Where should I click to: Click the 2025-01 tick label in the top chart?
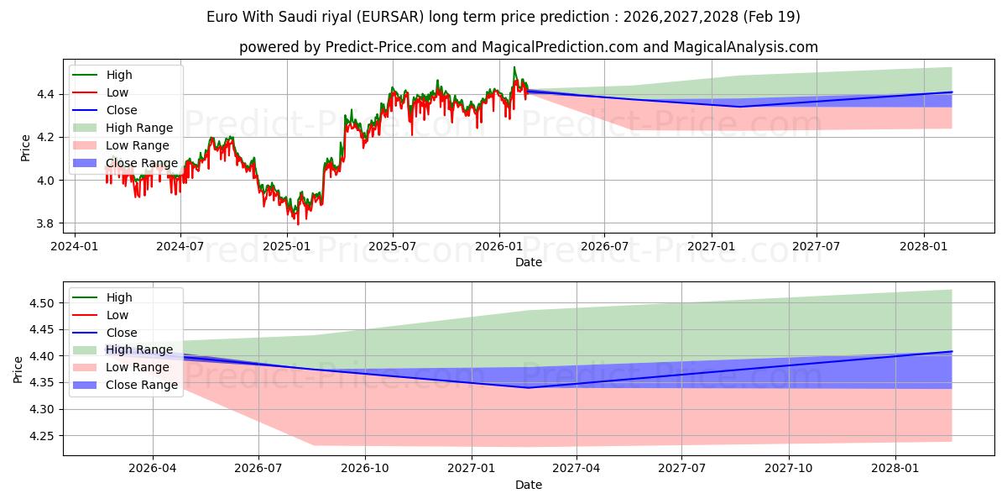tap(287, 247)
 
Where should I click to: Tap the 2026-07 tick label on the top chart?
tap(605, 247)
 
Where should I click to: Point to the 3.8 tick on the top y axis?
tap(45, 223)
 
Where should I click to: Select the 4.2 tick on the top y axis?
tap(45, 137)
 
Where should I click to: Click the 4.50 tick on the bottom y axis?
tap(41, 303)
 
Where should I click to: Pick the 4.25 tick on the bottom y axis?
tap(41, 436)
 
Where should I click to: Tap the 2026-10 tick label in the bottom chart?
tap(365, 469)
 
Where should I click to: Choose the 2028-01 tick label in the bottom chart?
tap(895, 469)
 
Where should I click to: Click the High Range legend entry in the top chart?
tap(123, 128)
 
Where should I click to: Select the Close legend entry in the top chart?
tap(105, 110)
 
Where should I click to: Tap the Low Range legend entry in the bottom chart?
tap(121, 367)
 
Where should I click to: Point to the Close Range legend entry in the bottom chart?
tap(125, 385)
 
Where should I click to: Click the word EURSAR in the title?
tap(389, 17)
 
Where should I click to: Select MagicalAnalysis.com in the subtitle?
tap(745, 47)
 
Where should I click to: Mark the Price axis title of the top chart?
tap(26, 148)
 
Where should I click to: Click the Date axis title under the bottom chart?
tap(529, 485)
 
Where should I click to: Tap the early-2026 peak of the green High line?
tap(514, 67)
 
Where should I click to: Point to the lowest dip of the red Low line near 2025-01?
tap(298, 224)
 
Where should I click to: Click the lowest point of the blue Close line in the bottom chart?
tap(529, 388)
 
